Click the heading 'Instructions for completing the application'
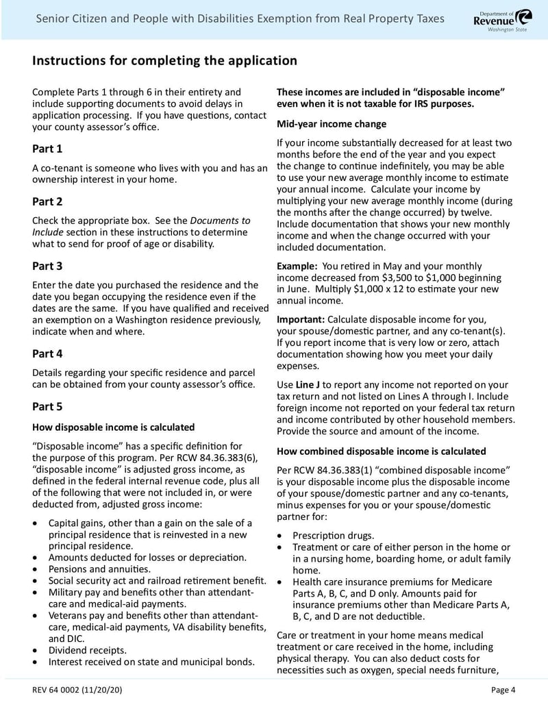(x=164, y=61)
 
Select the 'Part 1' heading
(x=47, y=149)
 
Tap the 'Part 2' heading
(x=47, y=201)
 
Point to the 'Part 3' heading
(x=47, y=266)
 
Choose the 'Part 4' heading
(x=47, y=354)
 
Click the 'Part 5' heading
(x=47, y=407)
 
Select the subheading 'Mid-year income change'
(x=332, y=124)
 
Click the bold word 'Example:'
(x=297, y=266)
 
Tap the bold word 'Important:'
(x=301, y=320)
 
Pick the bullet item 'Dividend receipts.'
(x=88, y=650)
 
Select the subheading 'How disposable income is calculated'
(x=113, y=427)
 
